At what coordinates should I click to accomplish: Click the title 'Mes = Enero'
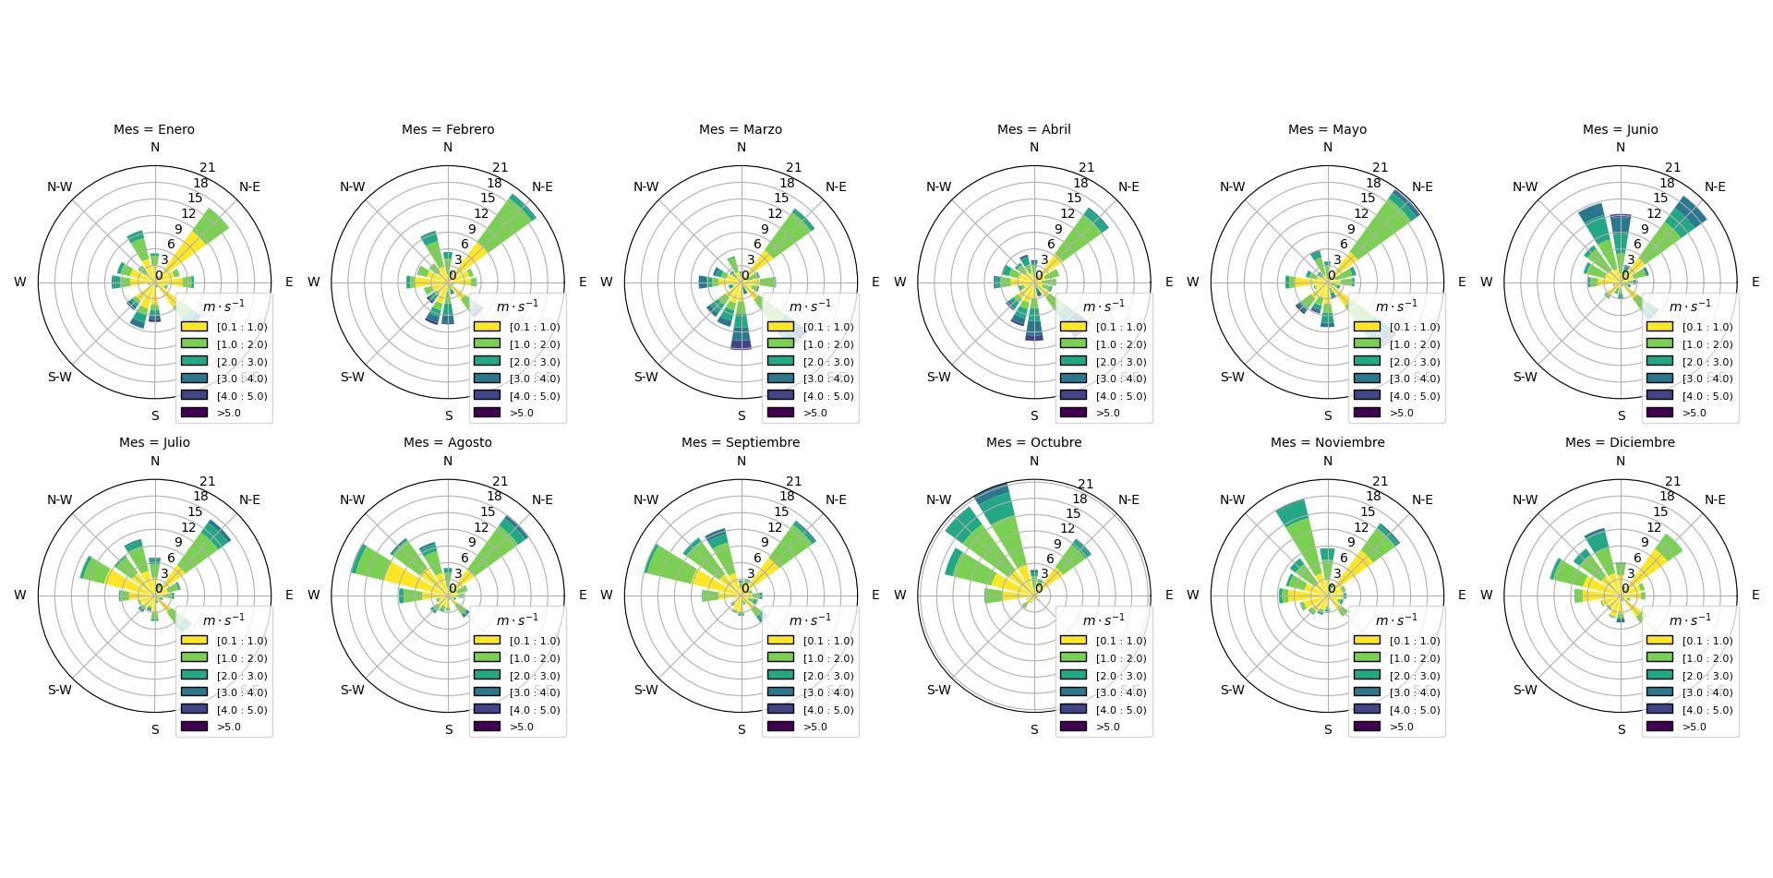pyautogui.click(x=154, y=129)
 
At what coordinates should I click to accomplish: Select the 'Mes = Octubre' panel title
pyautogui.click(x=1033, y=442)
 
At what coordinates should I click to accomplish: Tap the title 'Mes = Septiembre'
pyautogui.click(x=741, y=442)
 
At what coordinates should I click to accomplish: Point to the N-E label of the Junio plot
pyautogui.click(x=1715, y=186)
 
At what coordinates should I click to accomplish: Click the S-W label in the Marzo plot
pyautogui.click(x=645, y=377)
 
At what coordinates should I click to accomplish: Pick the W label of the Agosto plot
pyautogui.click(x=313, y=595)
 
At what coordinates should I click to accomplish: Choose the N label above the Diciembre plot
pyautogui.click(x=1620, y=461)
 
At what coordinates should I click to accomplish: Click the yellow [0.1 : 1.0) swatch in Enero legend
pyautogui.click(x=194, y=327)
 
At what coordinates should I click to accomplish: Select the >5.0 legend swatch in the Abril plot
pyautogui.click(x=1073, y=413)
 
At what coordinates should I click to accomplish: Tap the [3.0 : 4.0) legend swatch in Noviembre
pyautogui.click(x=1367, y=692)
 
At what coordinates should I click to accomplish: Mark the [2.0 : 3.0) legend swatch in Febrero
pyautogui.click(x=487, y=362)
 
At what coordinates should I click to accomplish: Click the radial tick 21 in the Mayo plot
pyautogui.click(x=1380, y=167)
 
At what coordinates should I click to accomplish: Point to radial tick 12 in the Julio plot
pyautogui.click(x=188, y=527)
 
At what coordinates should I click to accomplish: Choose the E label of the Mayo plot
pyautogui.click(x=1462, y=282)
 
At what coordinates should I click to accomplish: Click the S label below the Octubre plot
pyautogui.click(x=1034, y=729)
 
